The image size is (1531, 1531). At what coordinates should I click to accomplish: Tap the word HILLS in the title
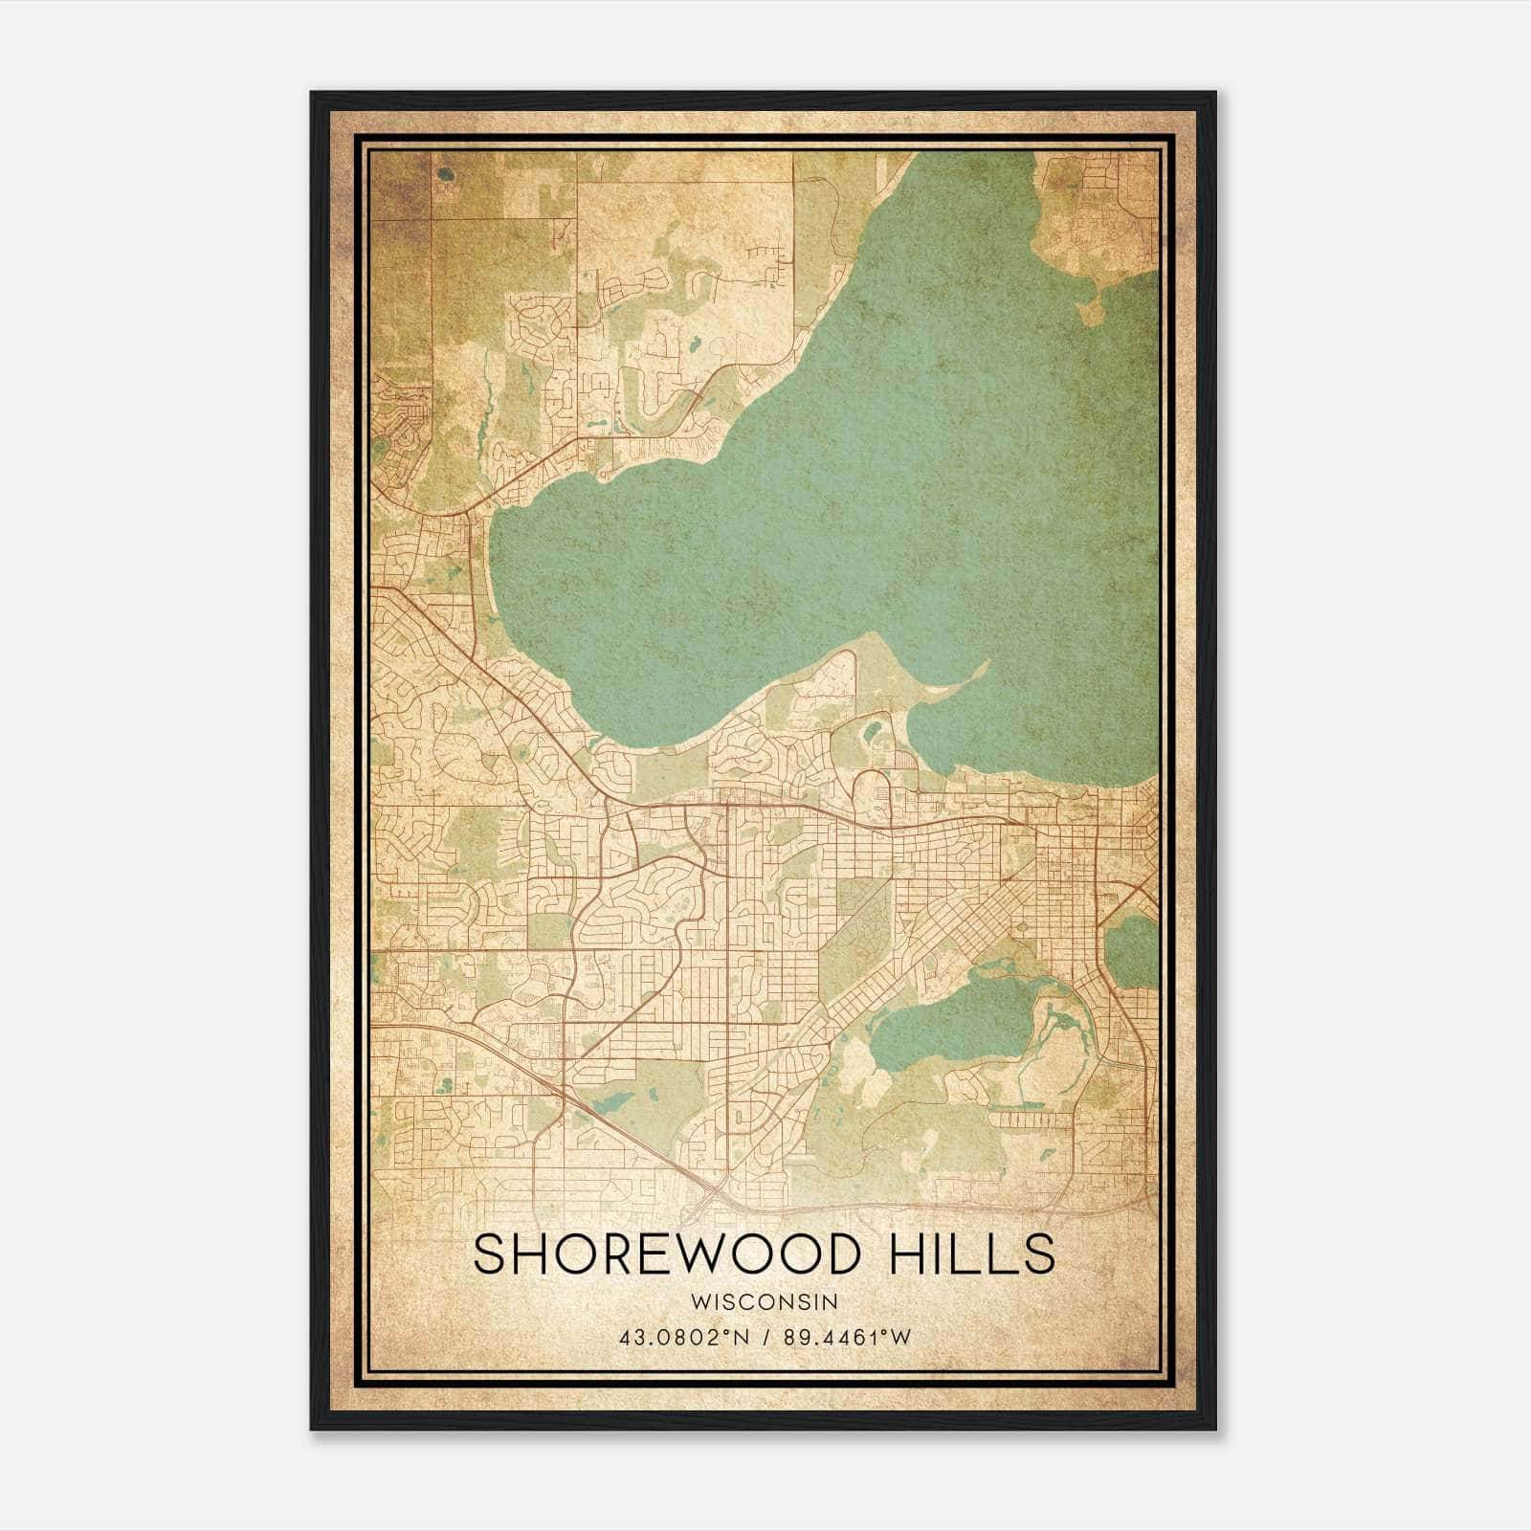971,1254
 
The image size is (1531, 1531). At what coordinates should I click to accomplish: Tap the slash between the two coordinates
767,1337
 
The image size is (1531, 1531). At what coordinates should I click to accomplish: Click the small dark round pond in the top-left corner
446,175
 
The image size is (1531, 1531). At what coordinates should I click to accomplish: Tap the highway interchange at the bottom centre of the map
713,1191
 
